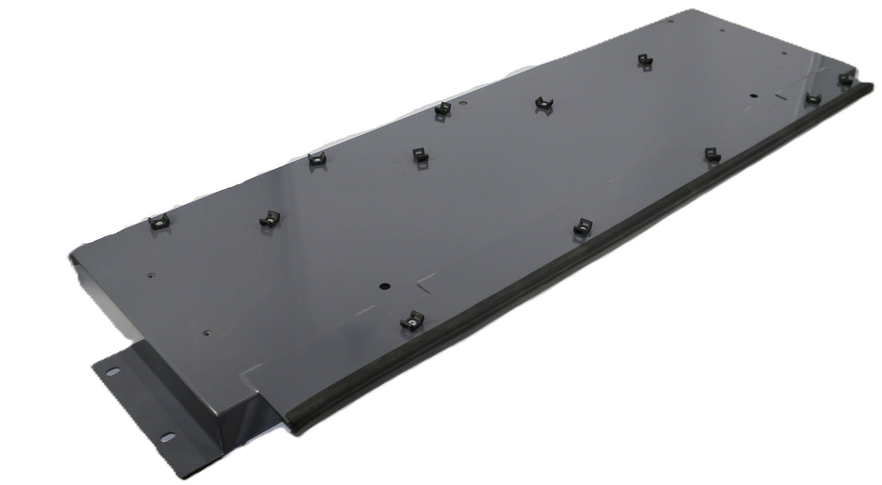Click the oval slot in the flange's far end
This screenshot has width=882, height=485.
coord(113,372)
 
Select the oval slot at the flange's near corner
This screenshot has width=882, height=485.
coord(167,437)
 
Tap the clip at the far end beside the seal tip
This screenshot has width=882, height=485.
coord(845,79)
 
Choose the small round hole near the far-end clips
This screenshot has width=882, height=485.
coord(753,96)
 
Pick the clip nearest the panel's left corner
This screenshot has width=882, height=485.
coord(158,222)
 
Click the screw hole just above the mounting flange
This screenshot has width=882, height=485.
coord(207,334)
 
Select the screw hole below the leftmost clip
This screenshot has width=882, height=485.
coord(151,276)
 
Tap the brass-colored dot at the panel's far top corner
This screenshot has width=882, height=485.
coord(671,20)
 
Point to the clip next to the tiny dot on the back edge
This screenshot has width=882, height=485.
coord(442,108)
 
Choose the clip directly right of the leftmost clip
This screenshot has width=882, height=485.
coord(269,218)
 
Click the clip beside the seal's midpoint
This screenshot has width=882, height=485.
coord(583,227)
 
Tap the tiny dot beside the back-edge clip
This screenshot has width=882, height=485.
coord(463,103)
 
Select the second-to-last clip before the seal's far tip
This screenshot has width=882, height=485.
coord(813,98)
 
